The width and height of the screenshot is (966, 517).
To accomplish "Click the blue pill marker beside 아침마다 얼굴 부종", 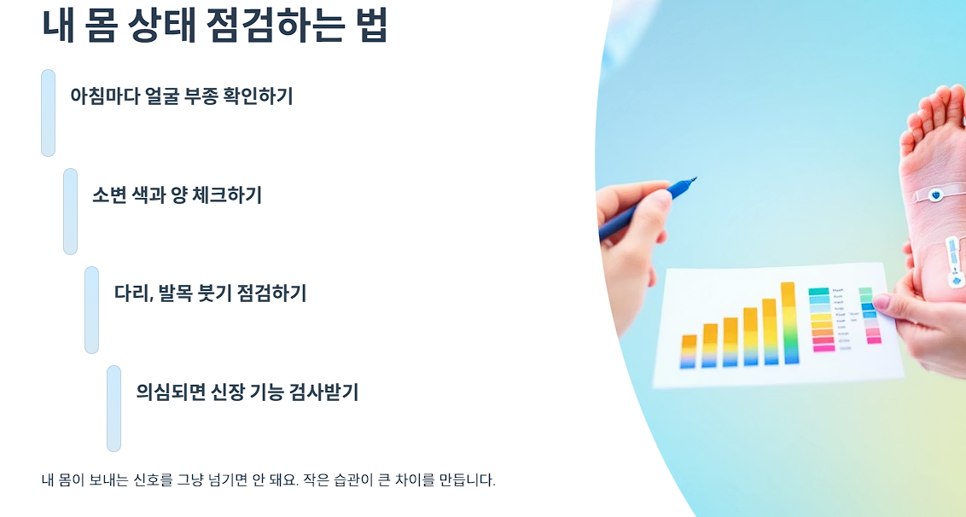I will click(x=49, y=113).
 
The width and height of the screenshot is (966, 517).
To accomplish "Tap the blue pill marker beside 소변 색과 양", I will click(x=71, y=212).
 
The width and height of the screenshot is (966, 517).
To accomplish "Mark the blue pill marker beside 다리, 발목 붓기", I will click(x=92, y=310).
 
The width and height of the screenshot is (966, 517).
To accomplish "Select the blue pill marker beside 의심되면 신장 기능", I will click(x=114, y=409).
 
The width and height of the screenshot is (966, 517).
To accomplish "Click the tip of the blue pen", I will click(x=694, y=179).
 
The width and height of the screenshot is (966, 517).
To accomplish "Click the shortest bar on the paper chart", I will click(x=689, y=351).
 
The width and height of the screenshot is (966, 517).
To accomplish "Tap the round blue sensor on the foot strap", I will click(x=936, y=195).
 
